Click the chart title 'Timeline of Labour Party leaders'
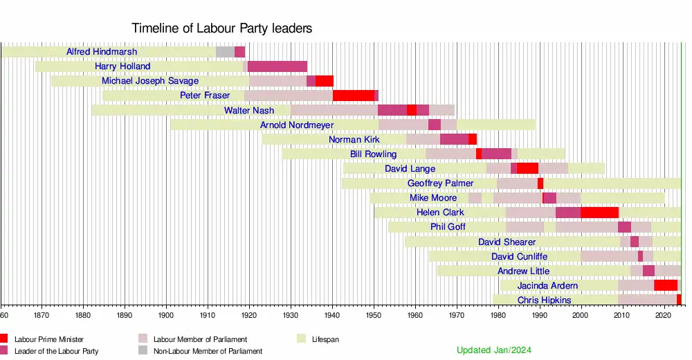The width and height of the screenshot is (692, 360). coord(222,28)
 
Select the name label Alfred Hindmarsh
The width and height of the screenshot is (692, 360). coord(102,52)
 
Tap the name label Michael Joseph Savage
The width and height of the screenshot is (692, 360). coord(150,81)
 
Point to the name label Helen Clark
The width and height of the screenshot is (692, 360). coord(440,213)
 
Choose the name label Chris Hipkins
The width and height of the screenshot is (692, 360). coord(545,300)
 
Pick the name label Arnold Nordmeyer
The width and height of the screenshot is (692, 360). coord(297,125)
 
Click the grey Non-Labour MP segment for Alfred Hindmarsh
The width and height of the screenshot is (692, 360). coord(225,52)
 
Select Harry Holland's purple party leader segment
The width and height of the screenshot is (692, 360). coord(277,66)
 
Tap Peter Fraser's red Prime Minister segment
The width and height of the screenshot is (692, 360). coord(354,96)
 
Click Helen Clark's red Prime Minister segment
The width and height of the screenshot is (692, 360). coord(599,213)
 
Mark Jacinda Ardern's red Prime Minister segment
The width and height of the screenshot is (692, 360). coord(666,285)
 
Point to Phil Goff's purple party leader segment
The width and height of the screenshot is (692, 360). coord(624,227)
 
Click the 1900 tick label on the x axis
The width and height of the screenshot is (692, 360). coord(166,314)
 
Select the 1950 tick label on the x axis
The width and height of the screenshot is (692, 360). coord(374,314)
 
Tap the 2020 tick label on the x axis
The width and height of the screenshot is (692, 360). coord(664,314)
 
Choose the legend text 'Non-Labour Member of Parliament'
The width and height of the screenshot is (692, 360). coord(208,351)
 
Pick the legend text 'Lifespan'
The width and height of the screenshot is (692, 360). coord(325,339)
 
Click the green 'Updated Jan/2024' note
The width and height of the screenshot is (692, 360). coord(494,350)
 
